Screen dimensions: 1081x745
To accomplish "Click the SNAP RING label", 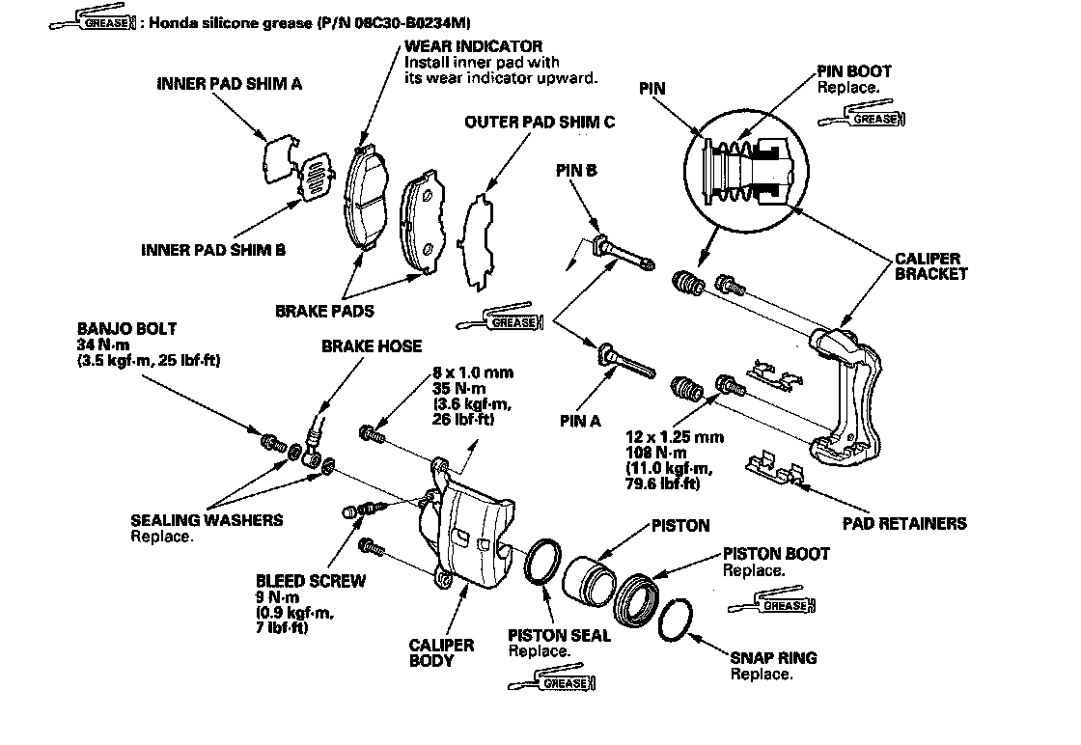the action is (773, 657).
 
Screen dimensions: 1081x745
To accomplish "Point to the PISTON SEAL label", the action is (559, 635).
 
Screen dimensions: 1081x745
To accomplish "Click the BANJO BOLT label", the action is (126, 329).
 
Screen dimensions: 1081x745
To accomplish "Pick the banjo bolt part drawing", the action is (274, 442).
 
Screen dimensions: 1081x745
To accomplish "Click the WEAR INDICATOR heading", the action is (473, 47).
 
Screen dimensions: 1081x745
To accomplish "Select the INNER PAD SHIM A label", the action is (230, 84).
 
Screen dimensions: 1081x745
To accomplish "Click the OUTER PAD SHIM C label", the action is (540, 122).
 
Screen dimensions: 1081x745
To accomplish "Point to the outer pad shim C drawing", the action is (480, 242).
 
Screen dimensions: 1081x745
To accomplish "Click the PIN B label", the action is (576, 170).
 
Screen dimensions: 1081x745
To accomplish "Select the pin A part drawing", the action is (627, 361).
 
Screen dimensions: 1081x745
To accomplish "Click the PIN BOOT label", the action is (854, 71).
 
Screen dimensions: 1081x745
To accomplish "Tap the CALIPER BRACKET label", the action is (930, 266).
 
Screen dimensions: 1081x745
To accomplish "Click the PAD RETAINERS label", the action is (904, 524).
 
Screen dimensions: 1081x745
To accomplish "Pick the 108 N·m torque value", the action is (656, 453).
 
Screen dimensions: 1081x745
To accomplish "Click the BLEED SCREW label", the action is (311, 581).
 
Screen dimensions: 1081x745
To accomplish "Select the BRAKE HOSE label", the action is (372, 346).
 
